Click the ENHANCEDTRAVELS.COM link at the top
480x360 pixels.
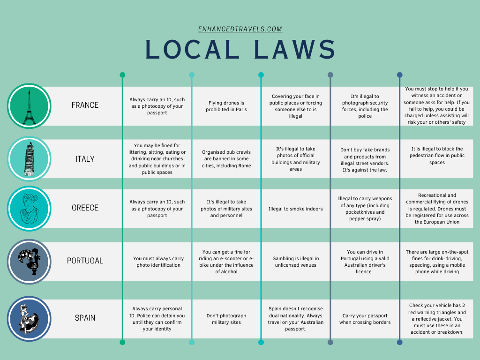[240, 29]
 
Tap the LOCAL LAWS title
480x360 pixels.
[240, 49]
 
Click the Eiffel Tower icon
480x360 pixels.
[29, 106]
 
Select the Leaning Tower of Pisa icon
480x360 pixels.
[29, 159]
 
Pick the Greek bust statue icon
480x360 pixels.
[29, 209]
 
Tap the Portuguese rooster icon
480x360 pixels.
[29, 262]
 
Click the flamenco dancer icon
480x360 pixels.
[29, 319]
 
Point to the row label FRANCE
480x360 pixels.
[85, 105]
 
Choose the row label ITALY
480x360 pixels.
[85, 159]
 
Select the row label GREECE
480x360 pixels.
[85, 208]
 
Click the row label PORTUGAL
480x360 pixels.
[85, 261]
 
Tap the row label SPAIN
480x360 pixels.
[85, 318]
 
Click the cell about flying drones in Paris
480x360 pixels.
[226, 106]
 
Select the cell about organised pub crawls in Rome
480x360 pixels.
[226, 159]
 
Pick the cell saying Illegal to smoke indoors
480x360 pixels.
[295, 209]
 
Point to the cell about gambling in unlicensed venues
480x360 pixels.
[295, 262]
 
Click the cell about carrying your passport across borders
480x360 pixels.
[365, 319]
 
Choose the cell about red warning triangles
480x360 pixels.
[437, 319]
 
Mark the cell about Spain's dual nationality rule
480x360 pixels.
[295, 319]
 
